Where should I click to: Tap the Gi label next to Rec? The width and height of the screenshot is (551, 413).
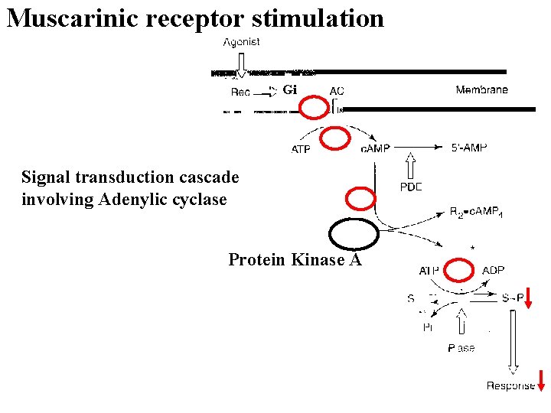coord(289,90)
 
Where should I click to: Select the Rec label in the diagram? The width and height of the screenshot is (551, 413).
coord(240,93)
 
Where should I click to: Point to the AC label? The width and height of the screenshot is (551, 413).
coord(337,91)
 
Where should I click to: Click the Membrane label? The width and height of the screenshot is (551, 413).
coord(481,89)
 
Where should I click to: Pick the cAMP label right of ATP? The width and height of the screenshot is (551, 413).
coord(376,148)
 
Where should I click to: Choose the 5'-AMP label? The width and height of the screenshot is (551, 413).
coord(468,148)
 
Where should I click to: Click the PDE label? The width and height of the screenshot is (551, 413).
coord(411,187)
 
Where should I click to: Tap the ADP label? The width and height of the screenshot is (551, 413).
coord(493,271)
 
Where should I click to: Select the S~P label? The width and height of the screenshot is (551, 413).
coord(513,298)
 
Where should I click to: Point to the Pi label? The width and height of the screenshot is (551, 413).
coord(429,327)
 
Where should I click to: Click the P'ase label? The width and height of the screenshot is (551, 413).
coord(461,348)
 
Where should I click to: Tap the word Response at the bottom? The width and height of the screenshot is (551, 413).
coord(510,385)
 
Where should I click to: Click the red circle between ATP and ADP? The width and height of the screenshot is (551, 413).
coord(459,272)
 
